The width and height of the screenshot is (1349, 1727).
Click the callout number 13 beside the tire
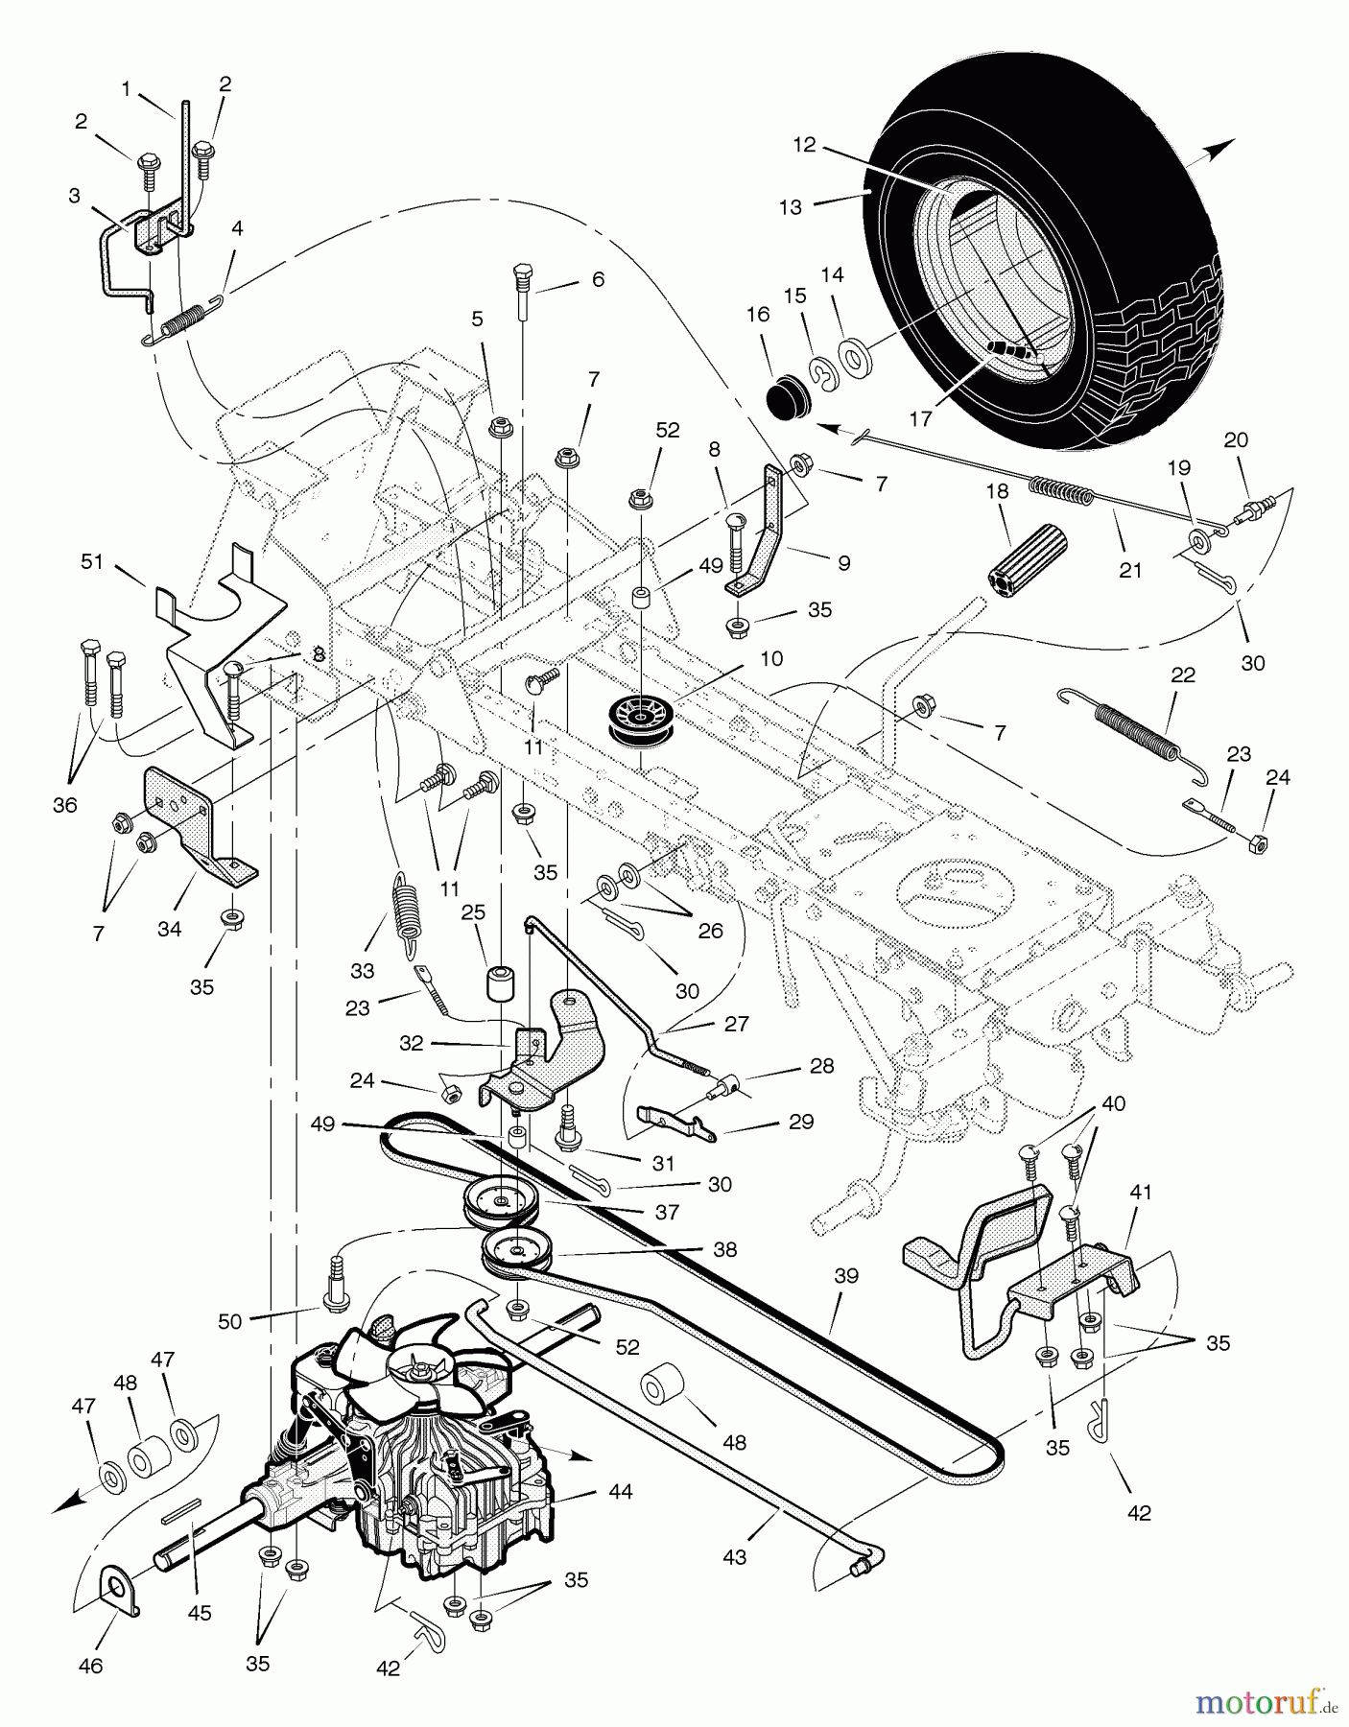point(791,206)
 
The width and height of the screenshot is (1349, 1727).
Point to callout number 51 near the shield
point(91,562)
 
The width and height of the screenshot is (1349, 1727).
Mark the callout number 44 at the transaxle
point(621,1493)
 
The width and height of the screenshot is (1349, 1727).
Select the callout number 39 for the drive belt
point(846,1276)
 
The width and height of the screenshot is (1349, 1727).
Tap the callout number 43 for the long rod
point(734,1558)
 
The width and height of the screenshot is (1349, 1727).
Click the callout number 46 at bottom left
point(90,1666)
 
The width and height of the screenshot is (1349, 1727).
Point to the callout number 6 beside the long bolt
point(598,279)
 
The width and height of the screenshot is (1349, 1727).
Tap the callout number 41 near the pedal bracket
point(1140,1192)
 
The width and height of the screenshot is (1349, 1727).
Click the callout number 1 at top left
point(126,89)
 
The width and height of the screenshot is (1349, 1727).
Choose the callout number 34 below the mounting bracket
point(169,929)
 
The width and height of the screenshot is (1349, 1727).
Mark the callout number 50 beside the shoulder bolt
point(229,1321)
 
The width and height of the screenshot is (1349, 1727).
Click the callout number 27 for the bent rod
point(736,1024)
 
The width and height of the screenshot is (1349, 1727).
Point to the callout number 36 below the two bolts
point(64,806)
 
